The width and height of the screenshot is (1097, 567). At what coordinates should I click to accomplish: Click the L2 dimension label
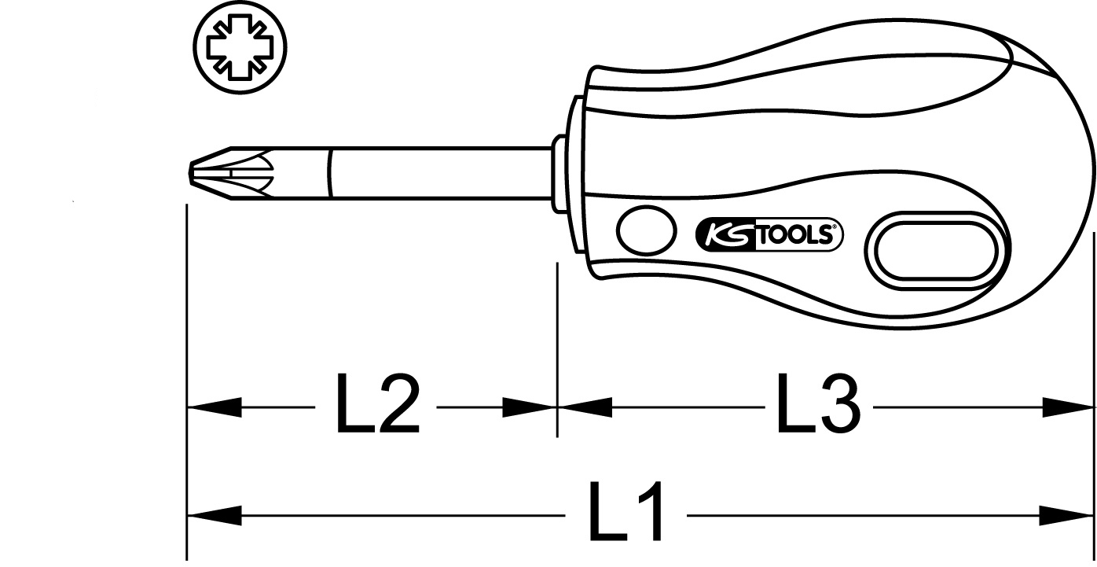pos(377,403)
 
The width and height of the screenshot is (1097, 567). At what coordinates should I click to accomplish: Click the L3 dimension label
pos(818,403)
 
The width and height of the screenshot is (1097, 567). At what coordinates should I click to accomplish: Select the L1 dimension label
pos(626,510)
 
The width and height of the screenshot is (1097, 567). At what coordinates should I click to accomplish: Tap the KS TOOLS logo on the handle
pos(769,234)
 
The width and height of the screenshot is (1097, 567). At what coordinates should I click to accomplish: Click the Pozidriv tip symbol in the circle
pos(240,47)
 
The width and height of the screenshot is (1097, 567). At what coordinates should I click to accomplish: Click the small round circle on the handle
pos(646,230)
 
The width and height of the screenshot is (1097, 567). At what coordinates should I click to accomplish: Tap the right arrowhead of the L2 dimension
pos(530,407)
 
